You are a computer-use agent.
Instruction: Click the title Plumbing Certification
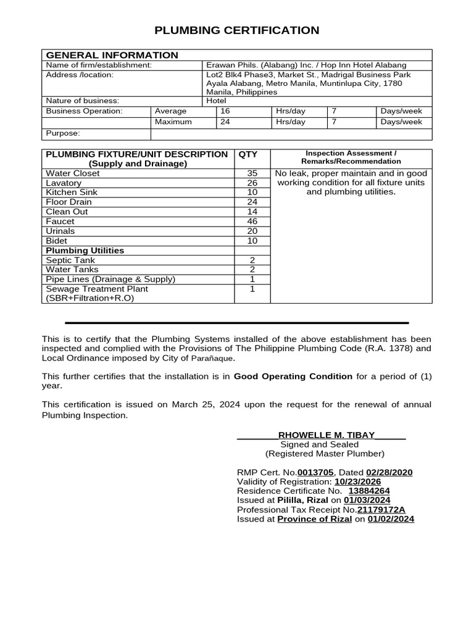coord(237,30)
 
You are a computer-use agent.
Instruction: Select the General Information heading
coord(112,55)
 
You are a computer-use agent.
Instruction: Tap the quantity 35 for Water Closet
coord(252,173)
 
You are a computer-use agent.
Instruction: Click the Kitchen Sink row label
coord(68,193)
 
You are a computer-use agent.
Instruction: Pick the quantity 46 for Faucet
coord(252,221)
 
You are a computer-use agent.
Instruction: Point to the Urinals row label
coord(60,231)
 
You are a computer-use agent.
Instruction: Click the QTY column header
coord(247,154)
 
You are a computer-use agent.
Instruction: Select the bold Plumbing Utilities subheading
coord(85,251)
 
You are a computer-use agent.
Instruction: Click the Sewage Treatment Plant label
coord(97,289)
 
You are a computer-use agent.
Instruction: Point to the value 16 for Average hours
coord(225,111)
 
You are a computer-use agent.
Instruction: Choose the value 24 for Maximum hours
coord(225,122)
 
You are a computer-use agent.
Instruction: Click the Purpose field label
coord(63,133)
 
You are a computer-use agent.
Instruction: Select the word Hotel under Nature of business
coord(216,101)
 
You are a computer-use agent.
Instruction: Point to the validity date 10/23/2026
coord(357,481)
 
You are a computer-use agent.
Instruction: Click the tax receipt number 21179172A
coord(381,510)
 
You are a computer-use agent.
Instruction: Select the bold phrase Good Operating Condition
coord(293,376)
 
